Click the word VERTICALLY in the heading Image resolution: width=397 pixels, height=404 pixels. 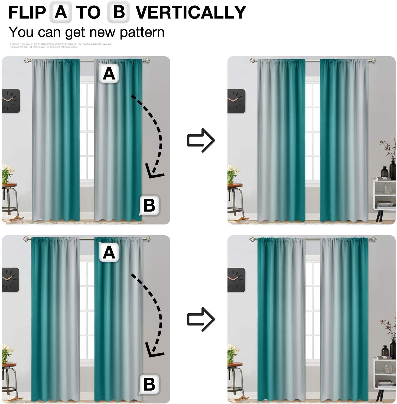pyautogui.click(x=191, y=12)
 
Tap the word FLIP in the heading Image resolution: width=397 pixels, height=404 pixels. pyautogui.click(x=27, y=12)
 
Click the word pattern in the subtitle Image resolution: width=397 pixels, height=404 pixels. pyautogui.click(x=142, y=32)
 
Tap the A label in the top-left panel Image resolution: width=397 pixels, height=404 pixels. pyautogui.click(x=109, y=73)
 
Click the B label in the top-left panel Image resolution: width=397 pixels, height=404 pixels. pyautogui.click(x=149, y=205)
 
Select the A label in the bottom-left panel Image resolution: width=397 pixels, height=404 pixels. pyautogui.click(x=109, y=252)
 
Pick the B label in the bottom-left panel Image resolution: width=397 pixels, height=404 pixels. pyautogui.click(x=149, y=384)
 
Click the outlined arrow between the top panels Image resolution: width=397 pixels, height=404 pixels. pyautogui.click(x=201, y=140)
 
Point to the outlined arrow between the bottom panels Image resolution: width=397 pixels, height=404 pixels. pyautogui.click(x=201, y=319)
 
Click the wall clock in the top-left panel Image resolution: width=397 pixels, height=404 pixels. pyautogui.click(x=11, y=101)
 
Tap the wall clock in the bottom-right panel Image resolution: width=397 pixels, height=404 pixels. pyautogui.click(x=236, y=280)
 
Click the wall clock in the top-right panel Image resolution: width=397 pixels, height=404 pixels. pyautogui.click(x=236, y=101)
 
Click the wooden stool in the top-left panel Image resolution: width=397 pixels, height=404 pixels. pyautogui.click(x=9, y=198)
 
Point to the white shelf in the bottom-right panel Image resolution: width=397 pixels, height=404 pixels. pyautogui.click(x=385, y=372)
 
